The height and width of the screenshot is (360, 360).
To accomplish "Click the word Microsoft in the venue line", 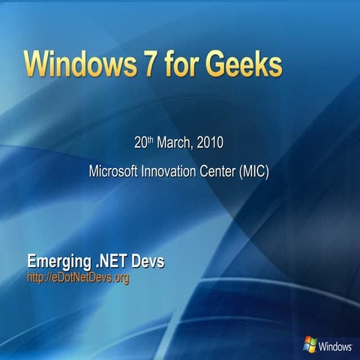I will tap(114, 170).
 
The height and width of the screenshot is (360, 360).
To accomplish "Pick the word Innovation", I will tap(169, 170).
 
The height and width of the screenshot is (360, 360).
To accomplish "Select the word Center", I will tap(218, 170).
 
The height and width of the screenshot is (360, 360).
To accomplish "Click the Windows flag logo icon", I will tap(309, 344).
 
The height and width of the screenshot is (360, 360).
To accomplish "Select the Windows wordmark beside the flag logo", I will tap(335, 346).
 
